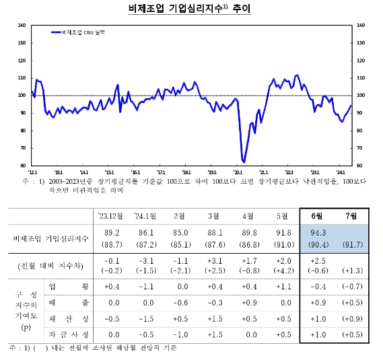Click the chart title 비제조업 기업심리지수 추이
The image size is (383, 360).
(x=191, y=9)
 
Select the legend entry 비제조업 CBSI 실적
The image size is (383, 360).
(x=81, y=32)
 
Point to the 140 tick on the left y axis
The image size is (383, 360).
(x=22, y=25)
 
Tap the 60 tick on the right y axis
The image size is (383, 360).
(x=359, y=166)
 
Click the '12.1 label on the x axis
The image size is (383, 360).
(x=33, y=172)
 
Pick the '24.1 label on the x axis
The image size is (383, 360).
(x=340, y=172)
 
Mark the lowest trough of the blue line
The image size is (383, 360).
(x=244, y=162)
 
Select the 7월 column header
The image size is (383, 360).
(x=351, y=215)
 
